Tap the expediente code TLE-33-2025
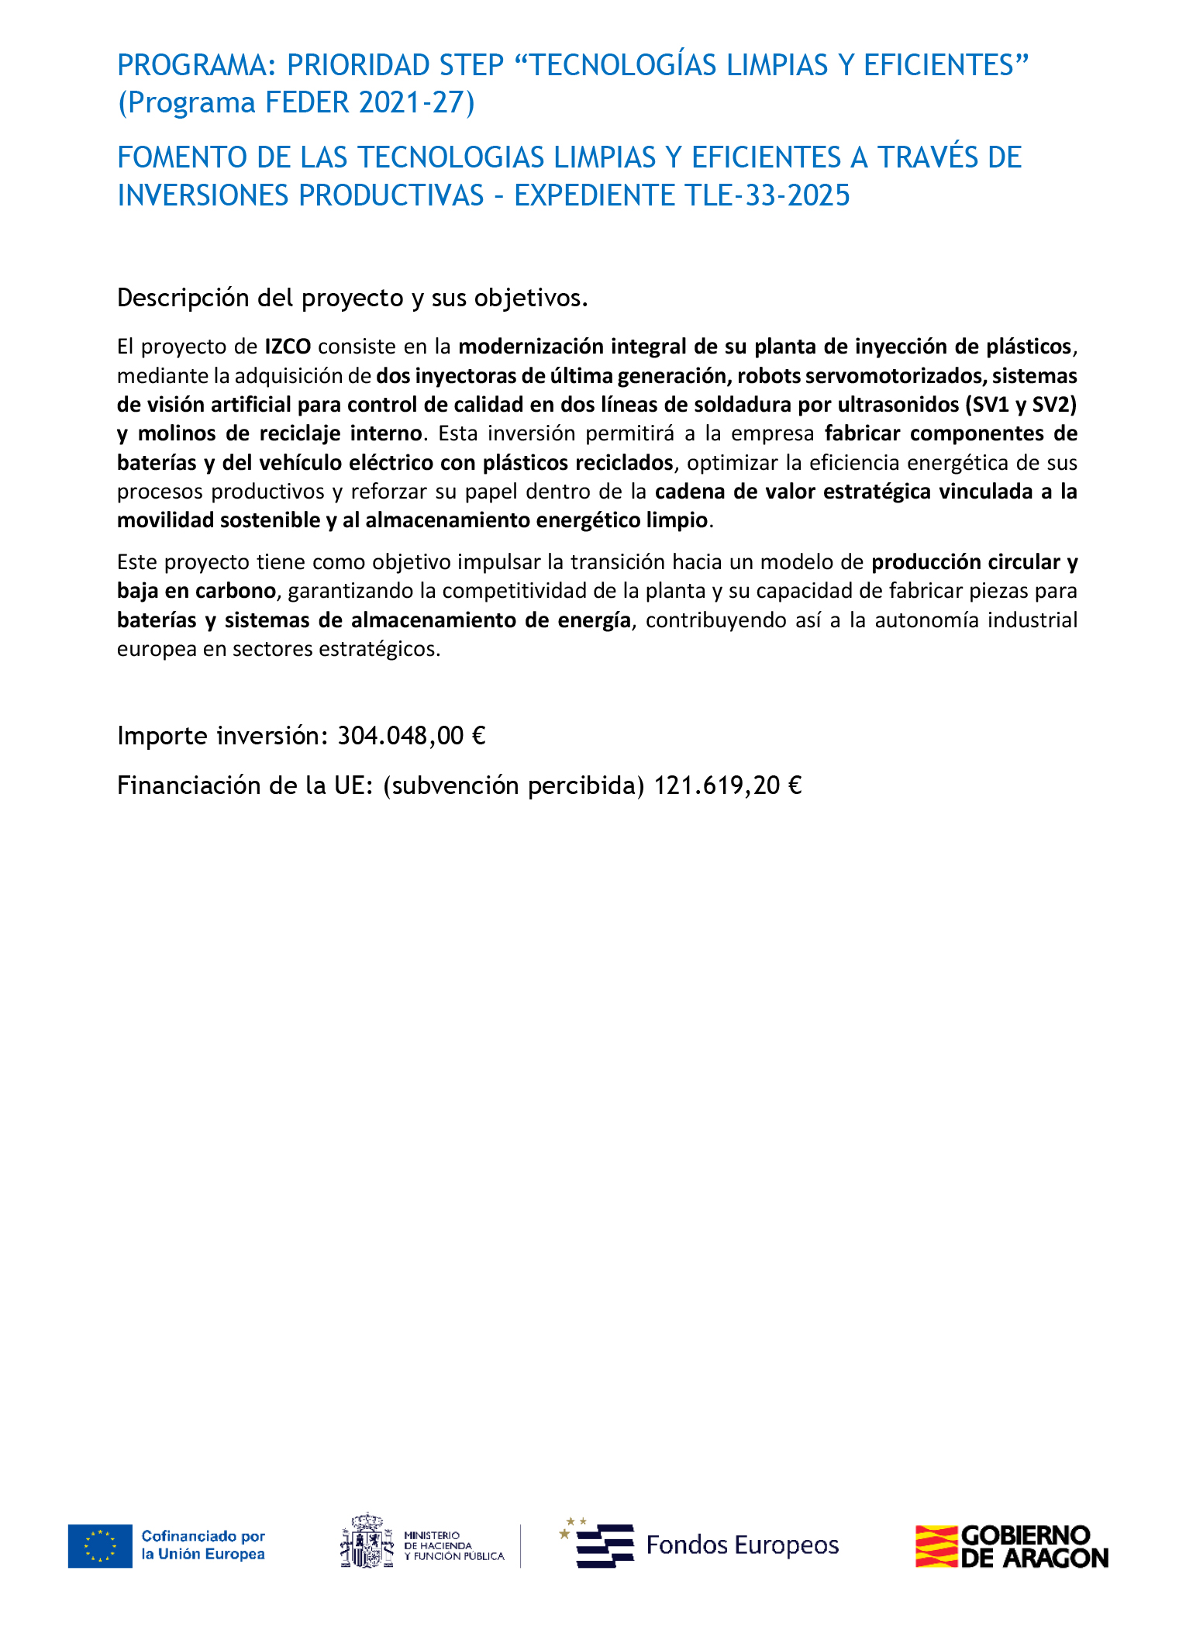coord(767,195)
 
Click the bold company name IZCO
coord(288,347)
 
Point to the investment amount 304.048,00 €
coord(411,736)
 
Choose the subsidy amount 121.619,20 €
coord(727,786)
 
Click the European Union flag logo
coord(100,1546)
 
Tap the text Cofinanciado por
coord(203,1536)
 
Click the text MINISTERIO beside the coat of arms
coord(432,1535)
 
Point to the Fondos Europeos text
coord(742,1545)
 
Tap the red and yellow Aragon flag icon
coord(936,1546)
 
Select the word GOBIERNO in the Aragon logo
coord(1025,1535)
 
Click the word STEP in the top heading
coord(471,66)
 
